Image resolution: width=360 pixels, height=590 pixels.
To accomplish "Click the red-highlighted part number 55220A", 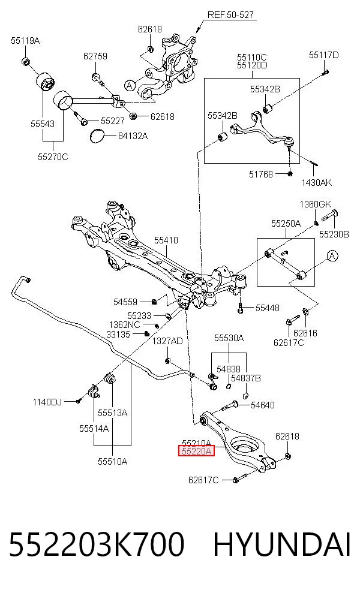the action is point(196,451).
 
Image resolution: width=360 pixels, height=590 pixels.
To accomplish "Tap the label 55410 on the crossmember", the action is point(166,240).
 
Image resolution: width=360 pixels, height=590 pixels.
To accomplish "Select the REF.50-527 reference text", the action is point(231,14).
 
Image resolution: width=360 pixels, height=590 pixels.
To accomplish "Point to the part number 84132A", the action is point(133,136).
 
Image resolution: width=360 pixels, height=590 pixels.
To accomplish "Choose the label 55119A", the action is point(25,41).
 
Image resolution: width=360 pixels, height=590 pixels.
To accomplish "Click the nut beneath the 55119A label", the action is point(25,61).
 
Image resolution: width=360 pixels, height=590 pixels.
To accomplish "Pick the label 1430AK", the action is point(317,182).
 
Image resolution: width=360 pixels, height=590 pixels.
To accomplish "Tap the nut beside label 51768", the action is point(290,174).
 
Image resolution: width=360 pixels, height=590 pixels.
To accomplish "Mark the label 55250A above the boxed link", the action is point(286,224).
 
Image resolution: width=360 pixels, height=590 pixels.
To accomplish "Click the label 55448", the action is point(268,308).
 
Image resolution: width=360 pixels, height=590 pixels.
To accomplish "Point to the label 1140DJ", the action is point(47,402).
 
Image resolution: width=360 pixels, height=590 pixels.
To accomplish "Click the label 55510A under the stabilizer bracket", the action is point(113,461).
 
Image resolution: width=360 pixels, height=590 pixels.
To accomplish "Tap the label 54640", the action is point(263,405).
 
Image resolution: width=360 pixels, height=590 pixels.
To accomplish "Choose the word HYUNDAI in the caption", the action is point(282,544).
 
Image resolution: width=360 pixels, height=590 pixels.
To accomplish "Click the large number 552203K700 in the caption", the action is point(97,544).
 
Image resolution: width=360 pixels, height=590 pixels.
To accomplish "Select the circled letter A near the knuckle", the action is point(130,85).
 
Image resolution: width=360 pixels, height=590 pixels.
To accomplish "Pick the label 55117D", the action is point(324,55).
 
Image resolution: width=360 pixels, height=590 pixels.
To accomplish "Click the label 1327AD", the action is point(167,341).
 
